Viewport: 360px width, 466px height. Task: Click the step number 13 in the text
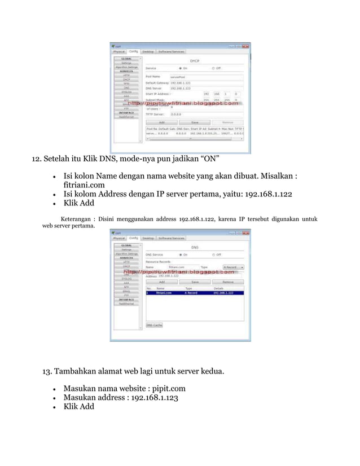point(49,371)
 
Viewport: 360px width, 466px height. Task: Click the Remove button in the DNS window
point(228,282)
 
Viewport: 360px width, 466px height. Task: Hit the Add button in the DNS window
point(161,282)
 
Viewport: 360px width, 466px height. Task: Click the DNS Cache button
point(155,326)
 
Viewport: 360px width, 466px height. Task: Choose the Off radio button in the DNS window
point(213,254)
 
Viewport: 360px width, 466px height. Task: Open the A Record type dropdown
point(233,267)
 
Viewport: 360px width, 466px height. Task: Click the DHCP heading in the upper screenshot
point(194,60)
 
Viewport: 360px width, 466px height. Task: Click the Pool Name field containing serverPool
point(205,76)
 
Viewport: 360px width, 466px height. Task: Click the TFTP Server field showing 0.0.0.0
point(205,113)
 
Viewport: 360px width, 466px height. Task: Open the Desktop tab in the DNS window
point(148,238)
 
